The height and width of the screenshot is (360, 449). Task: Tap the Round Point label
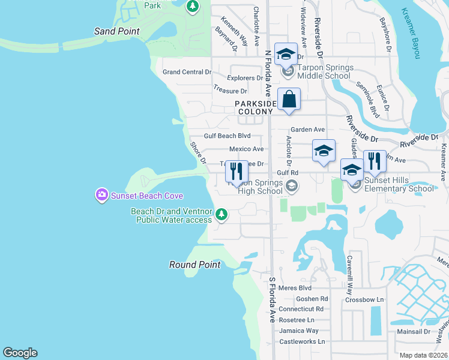tap(194, 265)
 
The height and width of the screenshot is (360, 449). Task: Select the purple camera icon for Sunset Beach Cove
tap(101, 194)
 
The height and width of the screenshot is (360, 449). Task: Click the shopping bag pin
tap(289, 100)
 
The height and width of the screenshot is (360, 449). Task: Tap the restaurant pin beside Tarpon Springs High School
tap(237, 171)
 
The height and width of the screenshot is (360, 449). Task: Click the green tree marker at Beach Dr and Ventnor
tap(221, 214)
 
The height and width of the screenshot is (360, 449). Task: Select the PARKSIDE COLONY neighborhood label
tap(255, 107)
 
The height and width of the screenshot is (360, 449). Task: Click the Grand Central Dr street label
tap(187, 72)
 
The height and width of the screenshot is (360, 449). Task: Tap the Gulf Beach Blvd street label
tap(227, 136)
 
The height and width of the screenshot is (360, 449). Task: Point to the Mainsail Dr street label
tap(411, 331)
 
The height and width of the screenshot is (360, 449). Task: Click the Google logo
tap(20, 353)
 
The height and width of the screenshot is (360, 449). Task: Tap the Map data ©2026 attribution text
tap(423, 355)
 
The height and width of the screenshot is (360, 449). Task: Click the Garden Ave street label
tap(307, 130)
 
